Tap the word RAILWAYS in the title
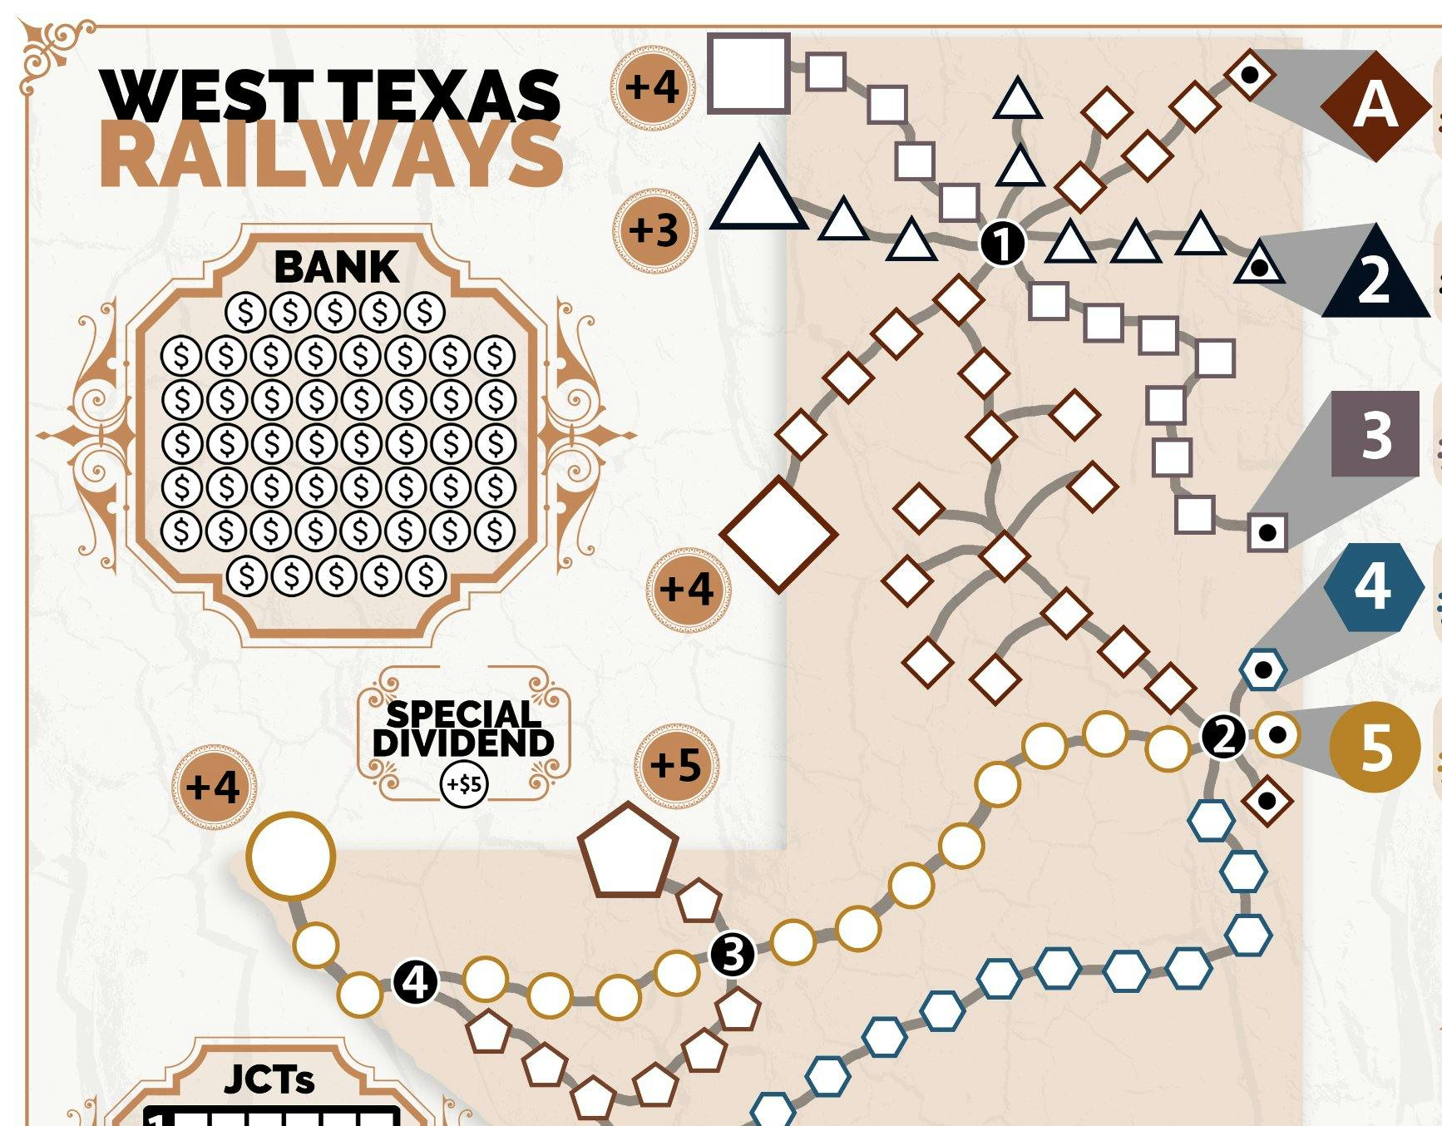coord(331,156)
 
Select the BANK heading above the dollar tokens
coord(336,267)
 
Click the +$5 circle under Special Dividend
coord(464,783)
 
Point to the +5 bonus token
coord(676,765)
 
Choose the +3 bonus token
coord(654,230)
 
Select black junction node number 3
coord(733,955)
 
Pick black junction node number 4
coord(415,983)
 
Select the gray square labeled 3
coord(1375,434)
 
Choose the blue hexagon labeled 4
coord(1372,587)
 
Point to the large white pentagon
coord(628,853)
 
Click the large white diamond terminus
coord(778,535)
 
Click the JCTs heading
coord(269,1079)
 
